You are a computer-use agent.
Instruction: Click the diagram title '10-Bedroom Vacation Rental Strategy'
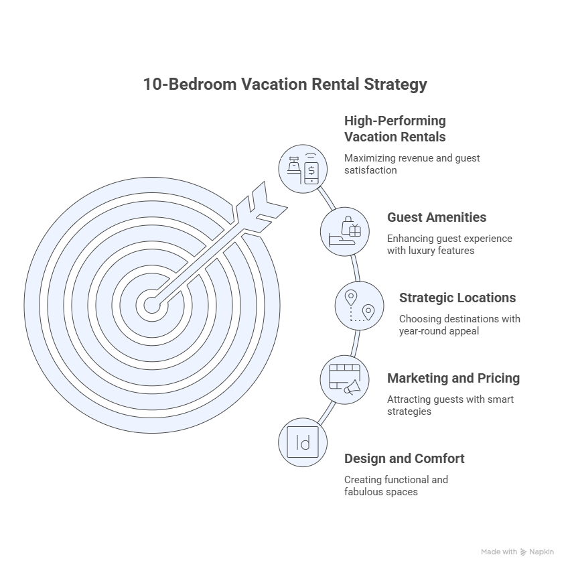click(x=285, y=84)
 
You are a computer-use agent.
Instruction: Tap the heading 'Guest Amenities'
click(x=437, y=217)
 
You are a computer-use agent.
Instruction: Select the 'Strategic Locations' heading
click(x=457, y=298)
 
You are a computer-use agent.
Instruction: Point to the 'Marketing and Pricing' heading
click(x=453, y=379)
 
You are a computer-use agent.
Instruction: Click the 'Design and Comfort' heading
click(x=404, y=459)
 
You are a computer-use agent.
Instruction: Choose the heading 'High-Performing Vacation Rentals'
click(x=395, y=129)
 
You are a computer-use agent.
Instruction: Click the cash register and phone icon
click(x=303, y=169)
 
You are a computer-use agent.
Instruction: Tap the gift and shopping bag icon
click(x=345, y=232)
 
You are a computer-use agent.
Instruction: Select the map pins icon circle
click(x=359, y=306)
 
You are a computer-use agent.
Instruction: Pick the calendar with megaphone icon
click(x=345, y=380)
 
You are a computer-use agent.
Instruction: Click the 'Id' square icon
click(x=303, y=442)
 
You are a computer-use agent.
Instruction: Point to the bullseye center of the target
click(x=152, y=305)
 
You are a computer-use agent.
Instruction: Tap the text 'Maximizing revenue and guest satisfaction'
click(x=412, y=164)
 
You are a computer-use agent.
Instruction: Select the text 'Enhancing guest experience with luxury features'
click(x=449, y=245)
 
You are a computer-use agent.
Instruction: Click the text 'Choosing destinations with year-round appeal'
click(x=459, y=325)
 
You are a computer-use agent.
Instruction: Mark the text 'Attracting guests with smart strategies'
click(x=450, y=405)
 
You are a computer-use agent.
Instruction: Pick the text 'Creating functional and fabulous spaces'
click(x=396, y=486)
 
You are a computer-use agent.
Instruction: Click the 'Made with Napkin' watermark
click(x=517, y=552)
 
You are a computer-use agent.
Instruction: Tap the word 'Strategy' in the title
click(x=396, y=85)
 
